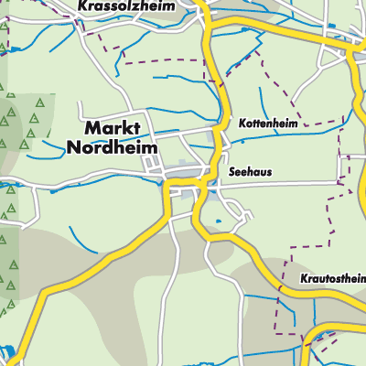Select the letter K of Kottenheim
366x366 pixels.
click(241, 122)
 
